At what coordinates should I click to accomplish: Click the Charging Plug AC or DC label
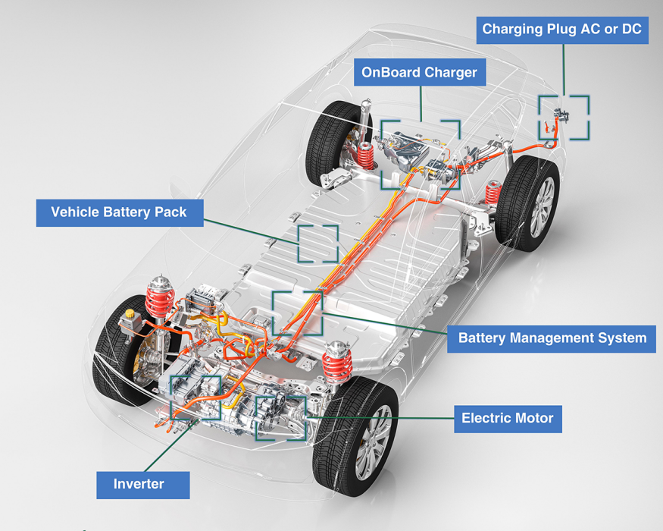click(x=561, y=30)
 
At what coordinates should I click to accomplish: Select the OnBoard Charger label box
click(x=419, y=73)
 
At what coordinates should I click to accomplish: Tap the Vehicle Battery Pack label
click(x=119, y=212)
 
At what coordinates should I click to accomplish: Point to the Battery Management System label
click(x=552, y=338)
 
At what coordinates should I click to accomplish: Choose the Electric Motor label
click(x=507, y=417)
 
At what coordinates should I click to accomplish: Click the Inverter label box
click(x=142, y=484)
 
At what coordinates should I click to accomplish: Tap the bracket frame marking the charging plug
click(x=564, y=117)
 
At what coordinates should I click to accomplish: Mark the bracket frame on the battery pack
click(x=318, y=244)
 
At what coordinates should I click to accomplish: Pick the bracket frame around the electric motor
click(x=281, y=417)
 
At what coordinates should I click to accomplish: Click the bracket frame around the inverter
click(x=195, y=397)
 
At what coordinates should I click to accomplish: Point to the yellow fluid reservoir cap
click(x=131, y=313)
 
